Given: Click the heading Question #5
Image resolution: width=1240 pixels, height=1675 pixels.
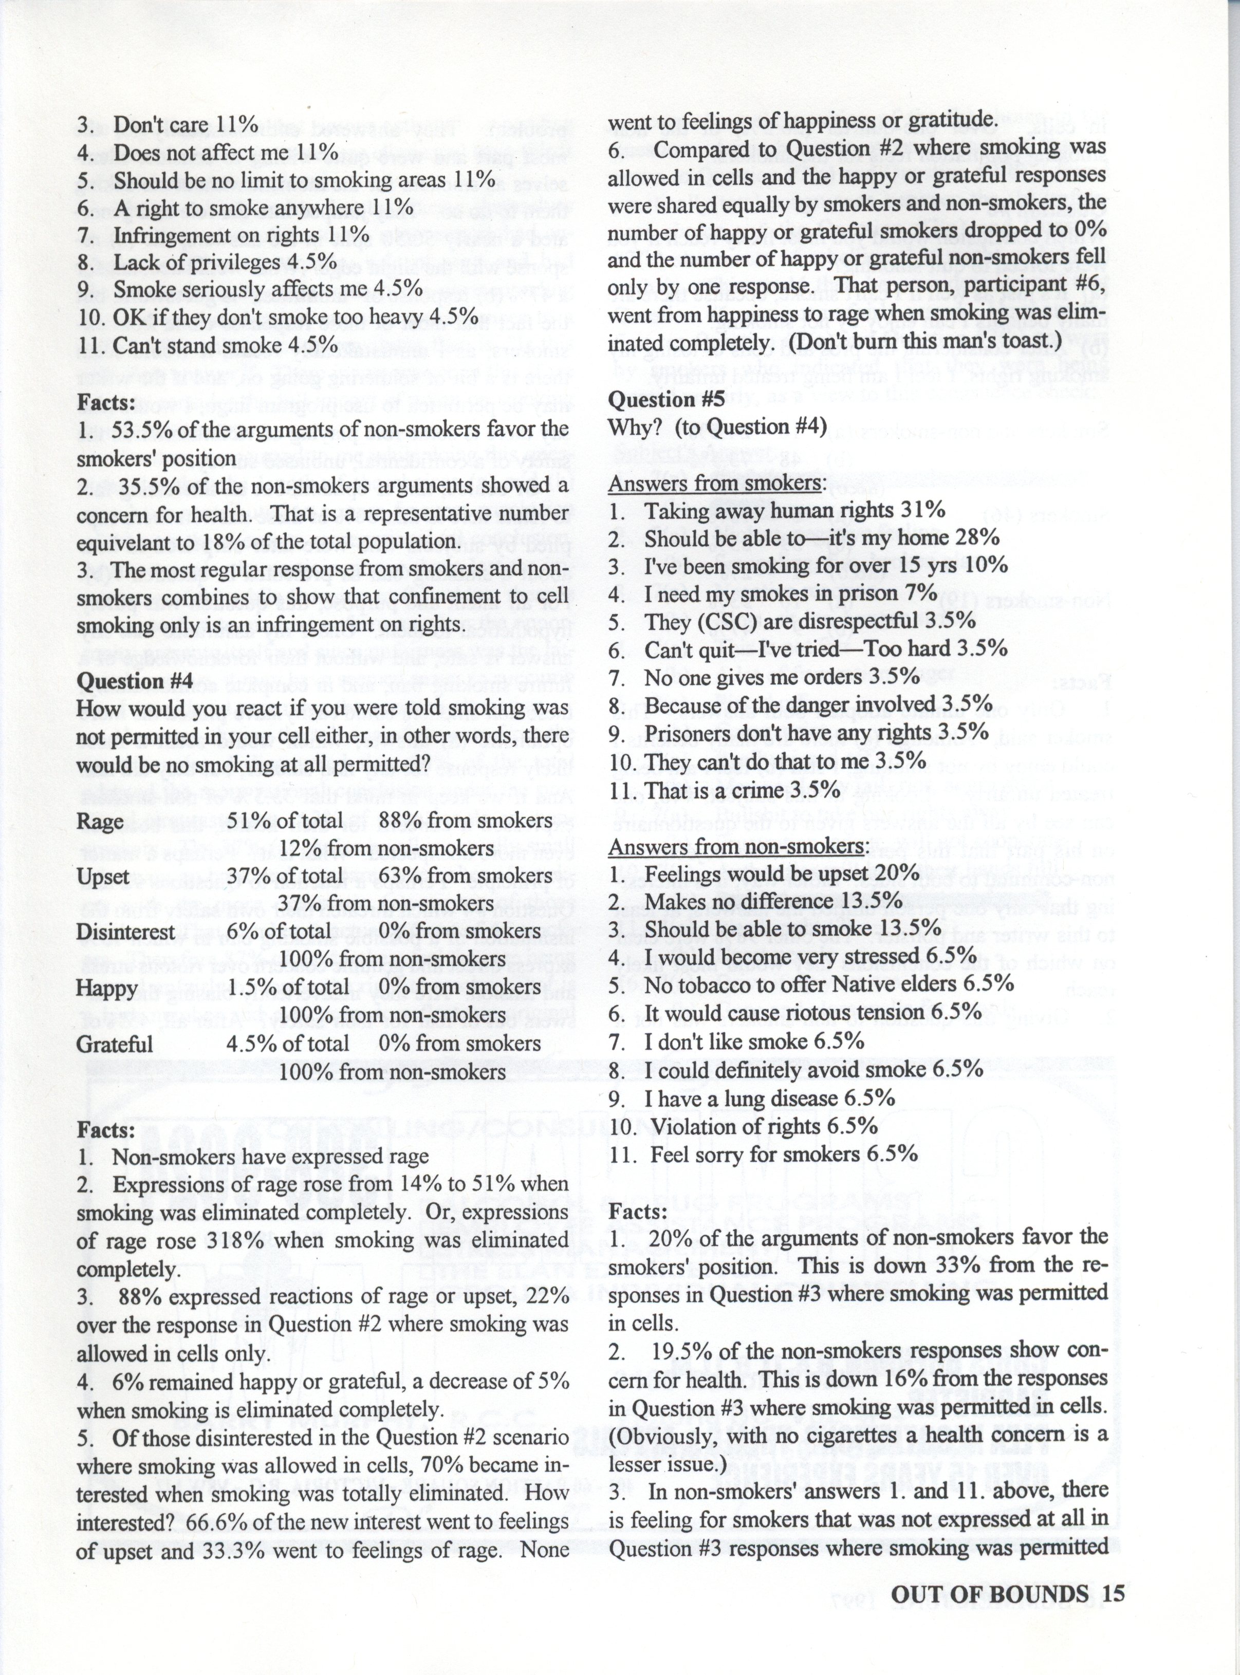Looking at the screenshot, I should click(x=667, y=399).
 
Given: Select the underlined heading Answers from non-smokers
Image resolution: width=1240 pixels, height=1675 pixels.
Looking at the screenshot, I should click(x=738, y=846).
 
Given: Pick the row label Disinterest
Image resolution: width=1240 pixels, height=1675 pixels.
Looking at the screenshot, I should click(x=121, y=932).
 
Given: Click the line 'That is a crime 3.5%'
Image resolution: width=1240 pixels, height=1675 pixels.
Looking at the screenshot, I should click(x=742, y=790).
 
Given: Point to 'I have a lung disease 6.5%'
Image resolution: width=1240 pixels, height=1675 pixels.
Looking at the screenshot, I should click(x=769, y=1099).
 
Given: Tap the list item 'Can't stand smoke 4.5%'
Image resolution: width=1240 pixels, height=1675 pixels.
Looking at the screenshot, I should click(x=225, y=345).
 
